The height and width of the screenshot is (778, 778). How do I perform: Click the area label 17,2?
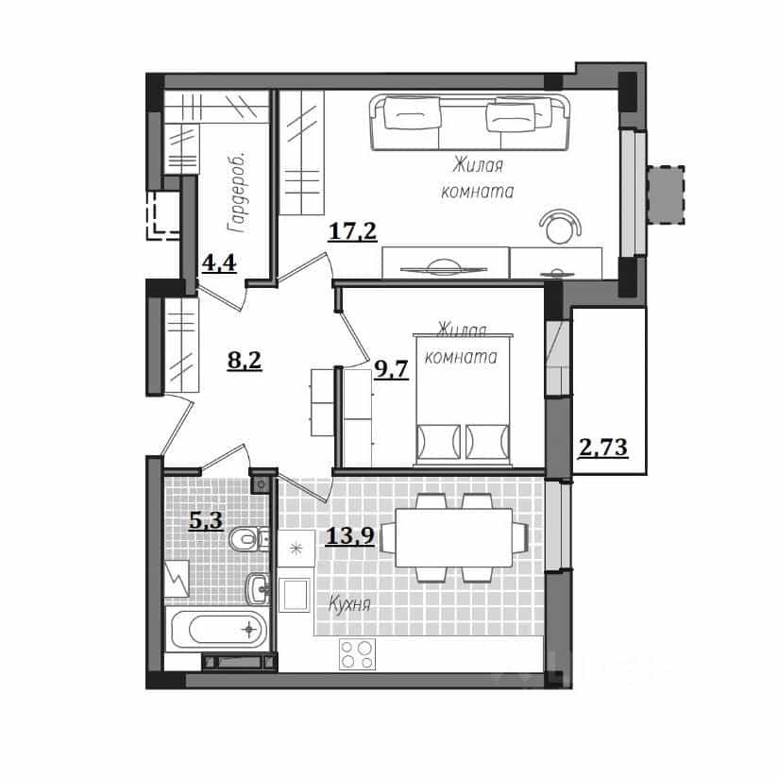point(352,231)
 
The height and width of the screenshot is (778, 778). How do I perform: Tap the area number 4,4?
point(219,262)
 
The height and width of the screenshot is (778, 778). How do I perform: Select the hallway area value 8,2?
point(245,360)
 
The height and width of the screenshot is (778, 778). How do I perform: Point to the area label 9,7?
point(392,369)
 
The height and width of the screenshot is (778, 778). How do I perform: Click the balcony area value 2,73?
point(603,448)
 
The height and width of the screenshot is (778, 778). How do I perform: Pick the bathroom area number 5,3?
point(206,521)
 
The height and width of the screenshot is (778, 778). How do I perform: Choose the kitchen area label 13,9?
point(349,535)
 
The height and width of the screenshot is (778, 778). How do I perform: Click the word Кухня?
point(349,605)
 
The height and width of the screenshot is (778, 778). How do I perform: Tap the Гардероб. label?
point(236,194)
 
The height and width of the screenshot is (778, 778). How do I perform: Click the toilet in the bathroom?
point(248,539)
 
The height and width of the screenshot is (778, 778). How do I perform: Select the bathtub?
point(219,629)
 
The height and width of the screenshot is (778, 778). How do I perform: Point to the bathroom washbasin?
point(258,588)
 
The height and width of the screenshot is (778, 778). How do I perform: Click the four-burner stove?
point(357,654)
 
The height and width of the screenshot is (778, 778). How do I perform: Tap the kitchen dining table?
point(454,538)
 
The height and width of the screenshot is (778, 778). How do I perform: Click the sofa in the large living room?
point(469,122)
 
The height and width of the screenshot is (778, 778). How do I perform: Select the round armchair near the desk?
point(560,226)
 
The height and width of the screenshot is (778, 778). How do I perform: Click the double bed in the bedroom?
point(463,400)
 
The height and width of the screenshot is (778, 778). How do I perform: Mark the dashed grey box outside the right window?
point(665,195)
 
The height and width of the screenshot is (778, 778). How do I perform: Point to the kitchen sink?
point(294,595)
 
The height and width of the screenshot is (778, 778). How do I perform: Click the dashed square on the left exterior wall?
point(162,215)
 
